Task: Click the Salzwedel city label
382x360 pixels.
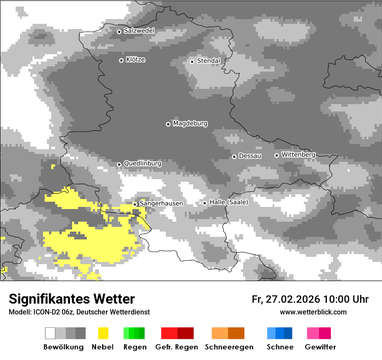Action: [139, 31]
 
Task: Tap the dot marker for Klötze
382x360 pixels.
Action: [121, 60]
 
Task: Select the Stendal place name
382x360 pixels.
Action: [209, 61]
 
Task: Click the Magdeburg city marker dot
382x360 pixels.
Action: [168, 124]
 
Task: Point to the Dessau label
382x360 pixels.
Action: [250, 156]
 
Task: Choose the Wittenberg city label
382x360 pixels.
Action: [298, 154]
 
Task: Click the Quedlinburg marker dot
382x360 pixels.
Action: [119, 164]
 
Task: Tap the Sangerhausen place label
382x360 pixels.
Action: [161, 203]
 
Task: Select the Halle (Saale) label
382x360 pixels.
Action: [229, 202]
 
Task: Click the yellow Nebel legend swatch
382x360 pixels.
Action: [103, 333]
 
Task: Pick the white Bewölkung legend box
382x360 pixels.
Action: [50, 333]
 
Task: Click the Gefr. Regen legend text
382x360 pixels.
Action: [177, 347]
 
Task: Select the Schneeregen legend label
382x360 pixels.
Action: [229, 347]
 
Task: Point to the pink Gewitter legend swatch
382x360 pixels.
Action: [313, 333]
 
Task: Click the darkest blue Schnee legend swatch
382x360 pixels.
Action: [288, 333]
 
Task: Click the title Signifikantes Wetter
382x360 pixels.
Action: [72, 299]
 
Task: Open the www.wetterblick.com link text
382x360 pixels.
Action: [313, 312]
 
